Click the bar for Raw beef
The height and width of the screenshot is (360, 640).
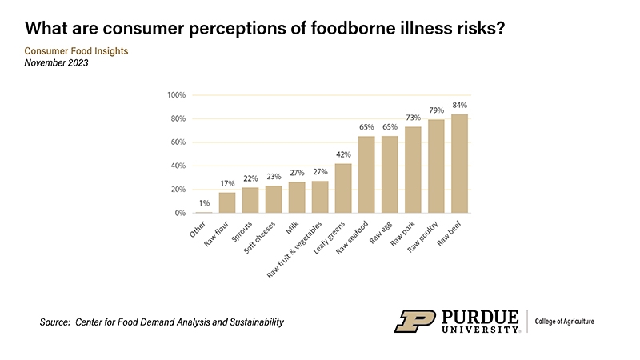459,164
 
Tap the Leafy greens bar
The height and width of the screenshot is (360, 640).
343,188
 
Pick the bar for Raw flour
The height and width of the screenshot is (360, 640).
228,202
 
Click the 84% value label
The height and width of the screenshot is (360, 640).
459,105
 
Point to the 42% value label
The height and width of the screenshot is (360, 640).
343,154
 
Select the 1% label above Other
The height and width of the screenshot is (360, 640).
205,203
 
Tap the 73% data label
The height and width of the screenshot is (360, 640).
413,118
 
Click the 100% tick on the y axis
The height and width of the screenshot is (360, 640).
177,95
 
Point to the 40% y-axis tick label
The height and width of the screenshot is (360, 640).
178,166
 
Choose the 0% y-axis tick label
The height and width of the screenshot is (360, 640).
180,214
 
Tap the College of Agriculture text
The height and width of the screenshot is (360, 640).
565,322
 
